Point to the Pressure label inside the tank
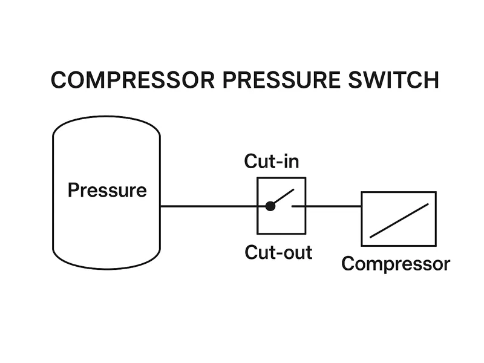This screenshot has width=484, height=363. pyautogui.click(x=107, y=191)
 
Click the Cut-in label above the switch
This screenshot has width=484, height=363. pyautogui.click(x=272, y=162)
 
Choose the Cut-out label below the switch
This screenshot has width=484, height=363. pyautogui.click(x=278, y=252)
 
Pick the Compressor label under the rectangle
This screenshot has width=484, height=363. pyautogui.click(x=396, y=264)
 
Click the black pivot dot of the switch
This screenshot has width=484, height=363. pyautogui.click(x=270, y=206)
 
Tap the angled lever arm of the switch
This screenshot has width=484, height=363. pyautogui.click(x=284, y=197)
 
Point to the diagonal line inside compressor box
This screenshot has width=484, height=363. pyautogui.click(x=399, y=220)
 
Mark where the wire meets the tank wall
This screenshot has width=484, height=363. pyautogui.click(x=160, y=206)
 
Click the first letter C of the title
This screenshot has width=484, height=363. pyautogui.click(x=59, y=80)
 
